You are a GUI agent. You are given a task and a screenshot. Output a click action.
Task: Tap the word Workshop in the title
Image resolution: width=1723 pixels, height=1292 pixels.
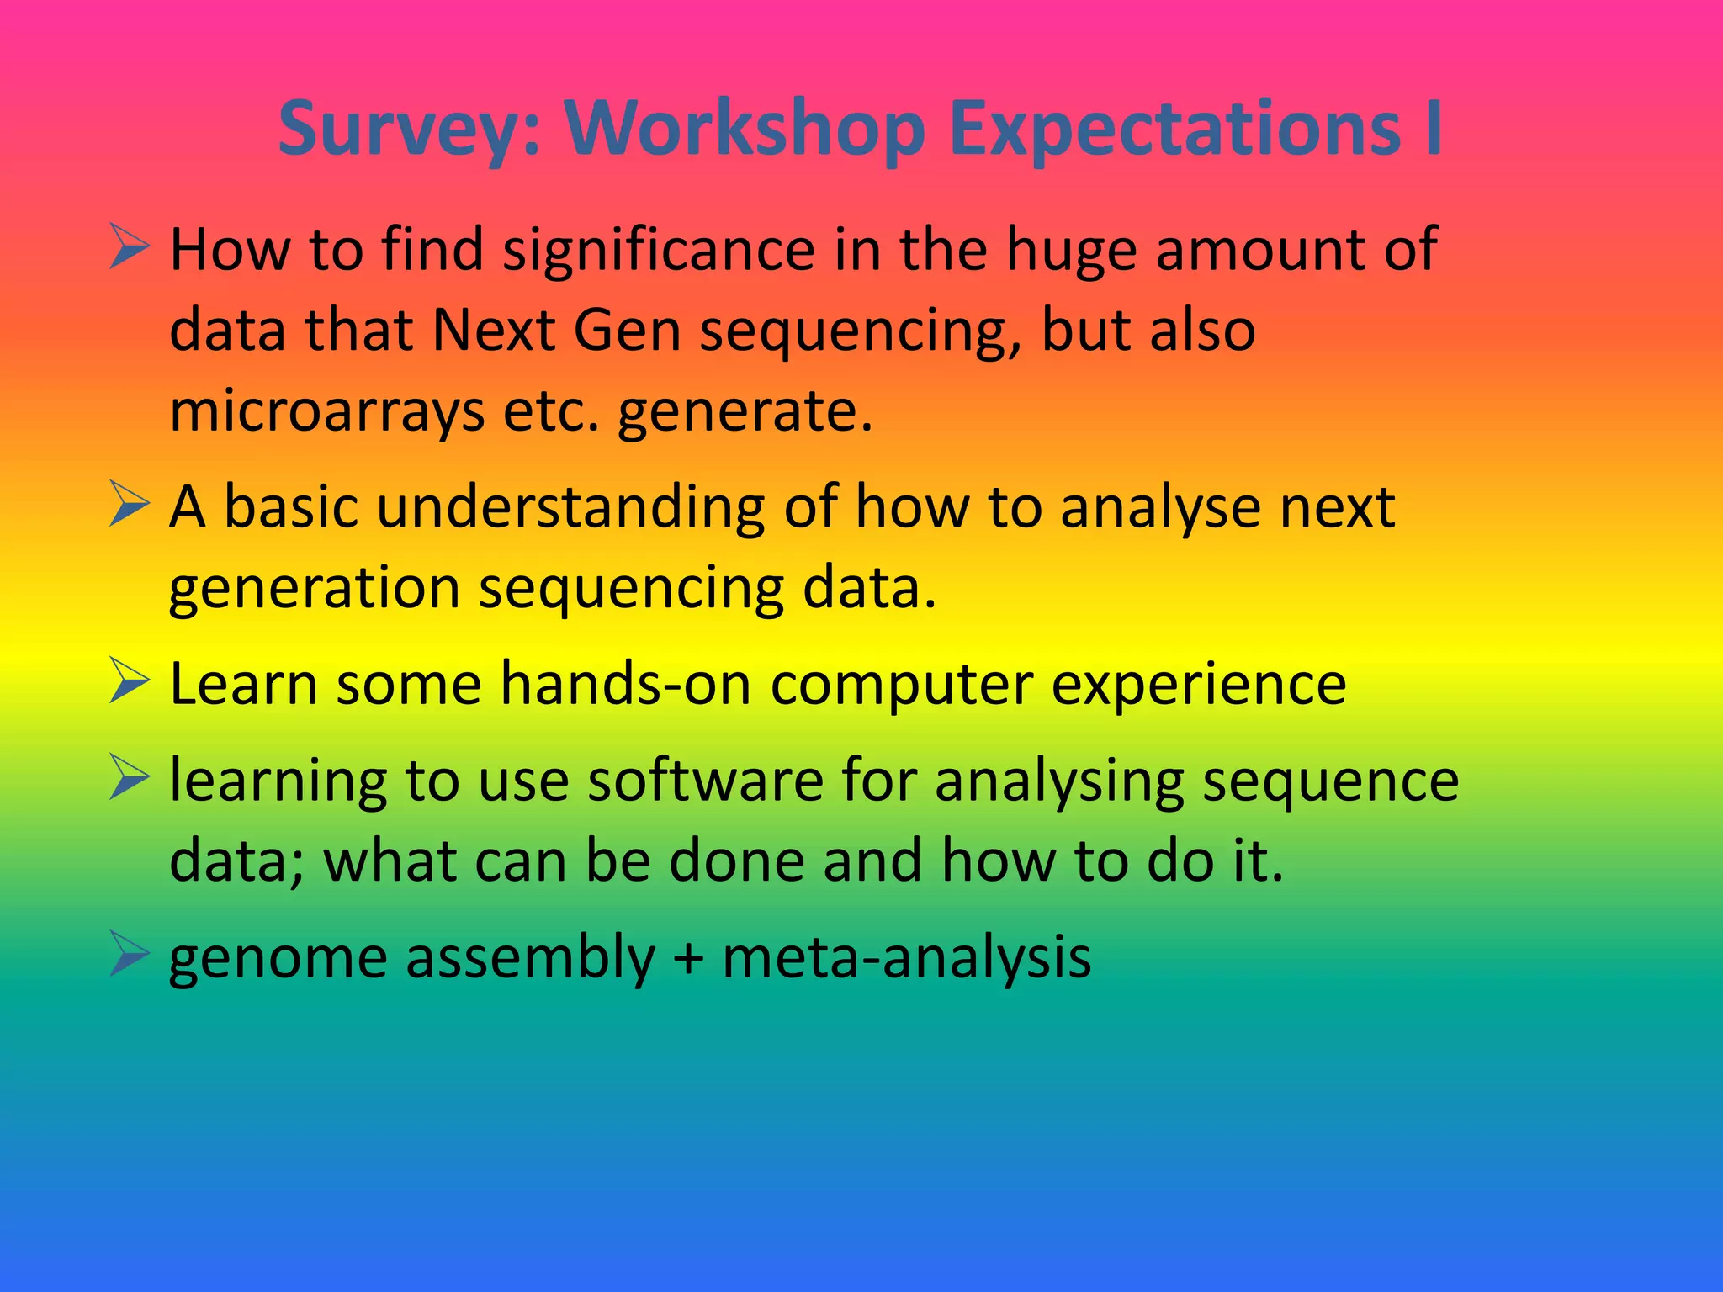tap(745, 130)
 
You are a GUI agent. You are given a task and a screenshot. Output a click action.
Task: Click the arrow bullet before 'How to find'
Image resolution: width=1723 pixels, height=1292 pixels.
tap(129, 249)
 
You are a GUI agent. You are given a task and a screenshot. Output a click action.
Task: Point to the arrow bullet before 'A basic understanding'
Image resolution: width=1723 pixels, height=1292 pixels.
tap(129, 506)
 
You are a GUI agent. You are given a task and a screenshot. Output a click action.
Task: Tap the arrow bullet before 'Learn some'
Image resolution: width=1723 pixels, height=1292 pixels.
tap(129, 683)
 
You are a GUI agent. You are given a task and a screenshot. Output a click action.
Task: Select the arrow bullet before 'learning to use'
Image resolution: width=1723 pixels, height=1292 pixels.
tap(129, 779)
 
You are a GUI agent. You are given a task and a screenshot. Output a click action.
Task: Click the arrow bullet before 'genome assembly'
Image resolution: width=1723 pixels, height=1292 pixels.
tap(129, 956)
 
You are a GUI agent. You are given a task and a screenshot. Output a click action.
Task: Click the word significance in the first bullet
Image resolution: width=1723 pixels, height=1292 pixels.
tap(659, 251)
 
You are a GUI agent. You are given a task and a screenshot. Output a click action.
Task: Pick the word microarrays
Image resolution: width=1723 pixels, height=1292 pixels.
tap(327, 412)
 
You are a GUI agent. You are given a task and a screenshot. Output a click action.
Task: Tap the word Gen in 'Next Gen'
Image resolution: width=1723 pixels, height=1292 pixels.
tap(627, 330)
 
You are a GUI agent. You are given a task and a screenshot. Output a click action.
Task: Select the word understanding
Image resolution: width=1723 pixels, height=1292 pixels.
tap(570, 508)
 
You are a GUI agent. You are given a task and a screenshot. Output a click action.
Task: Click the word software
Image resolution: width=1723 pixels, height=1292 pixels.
tap(705, 781)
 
